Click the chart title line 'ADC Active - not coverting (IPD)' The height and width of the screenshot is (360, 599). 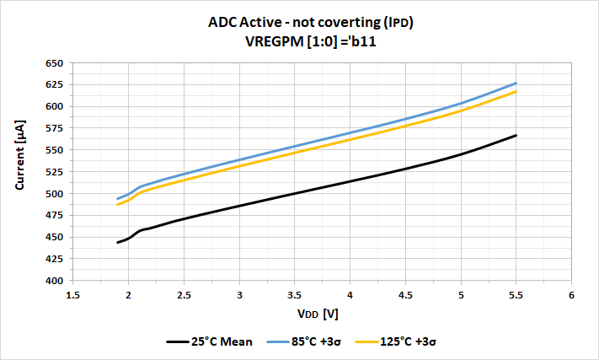point(310,24)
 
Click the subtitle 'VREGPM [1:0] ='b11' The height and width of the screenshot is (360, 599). point(310,41)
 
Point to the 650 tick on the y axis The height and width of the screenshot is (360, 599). point(53,63)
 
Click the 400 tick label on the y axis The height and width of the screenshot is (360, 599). point(53,281)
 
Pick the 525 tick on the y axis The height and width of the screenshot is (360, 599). point(53,172)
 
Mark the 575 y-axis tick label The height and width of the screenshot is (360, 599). point(53,128)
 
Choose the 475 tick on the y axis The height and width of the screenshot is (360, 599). point(53,215)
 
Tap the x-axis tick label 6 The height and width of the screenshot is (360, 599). point(571,295)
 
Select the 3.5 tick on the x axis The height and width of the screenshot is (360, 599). point(294,295)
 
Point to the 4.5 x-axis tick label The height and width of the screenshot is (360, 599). point(405,295)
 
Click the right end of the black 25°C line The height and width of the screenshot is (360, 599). point(516,135)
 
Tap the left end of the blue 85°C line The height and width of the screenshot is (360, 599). point(117,199)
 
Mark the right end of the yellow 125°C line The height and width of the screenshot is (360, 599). point(516,91)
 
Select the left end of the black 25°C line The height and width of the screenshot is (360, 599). point(117,243)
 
